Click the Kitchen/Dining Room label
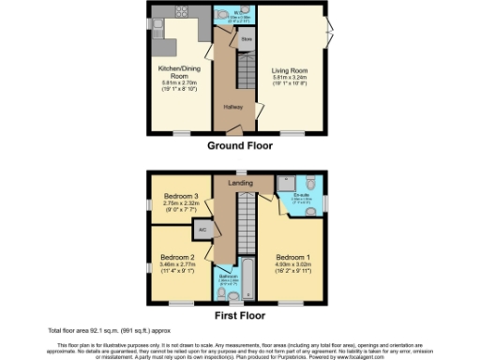[x=175, y=72]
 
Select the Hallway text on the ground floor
[x=232, y=107]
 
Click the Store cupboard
[x=246, y=40]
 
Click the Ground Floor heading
[x=239, y=147]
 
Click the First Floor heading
[x=240, y=317]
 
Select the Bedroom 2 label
[x=177, y=257]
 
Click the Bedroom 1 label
[x=292, y=257]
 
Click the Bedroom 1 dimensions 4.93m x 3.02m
[x=292, y=265]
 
